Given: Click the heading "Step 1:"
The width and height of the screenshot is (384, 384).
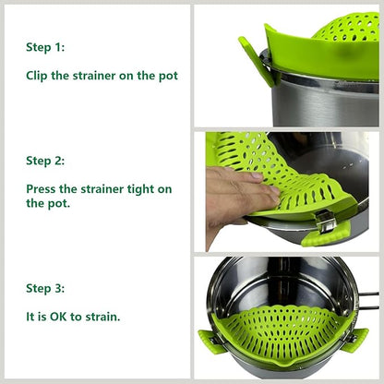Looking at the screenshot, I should [45, 47].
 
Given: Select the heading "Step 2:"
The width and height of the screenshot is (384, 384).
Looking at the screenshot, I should [45, 161].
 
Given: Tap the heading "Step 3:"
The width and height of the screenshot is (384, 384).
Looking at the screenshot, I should [45, 288].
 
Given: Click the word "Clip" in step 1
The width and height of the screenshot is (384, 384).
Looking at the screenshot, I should [40, 76].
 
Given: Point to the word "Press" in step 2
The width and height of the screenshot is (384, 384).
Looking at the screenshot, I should [43, 189].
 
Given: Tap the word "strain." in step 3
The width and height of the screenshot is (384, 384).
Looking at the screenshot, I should [102, 317].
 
